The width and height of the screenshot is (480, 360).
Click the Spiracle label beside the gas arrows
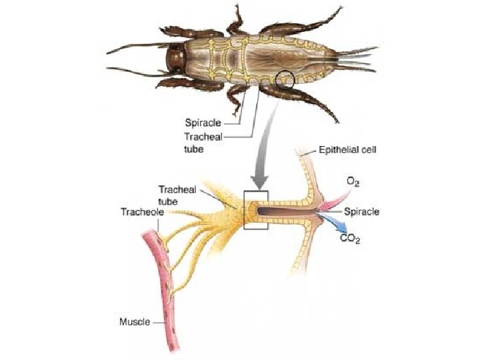[362, 211]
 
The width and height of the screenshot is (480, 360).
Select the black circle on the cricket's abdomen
[285, 79]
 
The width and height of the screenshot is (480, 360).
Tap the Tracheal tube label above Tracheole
[172, 193]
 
